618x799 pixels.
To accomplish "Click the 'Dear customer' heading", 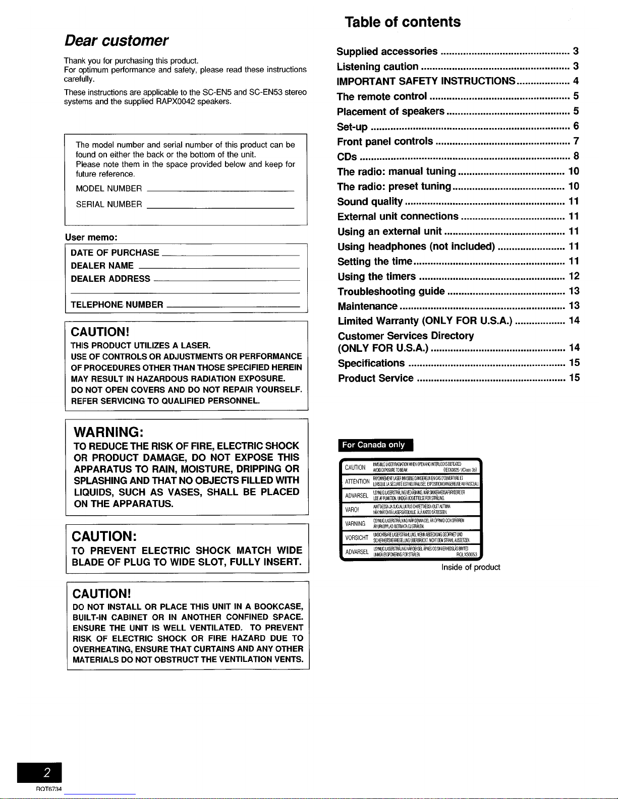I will tap(116, 40).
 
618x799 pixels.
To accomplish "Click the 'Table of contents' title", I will tap(403, 22).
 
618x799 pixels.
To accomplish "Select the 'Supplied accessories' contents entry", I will tap(387, 51).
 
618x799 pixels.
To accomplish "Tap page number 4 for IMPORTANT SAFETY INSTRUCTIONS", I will tap(576, 81).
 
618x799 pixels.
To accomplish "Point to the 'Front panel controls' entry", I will tap(385, 141).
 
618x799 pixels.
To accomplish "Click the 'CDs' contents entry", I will tap(347, 156).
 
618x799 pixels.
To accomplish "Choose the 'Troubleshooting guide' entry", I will tap(391, 291).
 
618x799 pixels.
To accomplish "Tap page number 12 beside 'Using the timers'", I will tap(574, 276).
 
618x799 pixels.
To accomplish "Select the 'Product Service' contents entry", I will tap(376, 378).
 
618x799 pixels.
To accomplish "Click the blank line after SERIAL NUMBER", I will tap(220, 207).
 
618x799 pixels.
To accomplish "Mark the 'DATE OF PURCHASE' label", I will tap(115, 253).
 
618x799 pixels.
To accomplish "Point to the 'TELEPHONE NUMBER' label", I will tap(117, 304).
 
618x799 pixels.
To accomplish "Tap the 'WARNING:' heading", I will tap(109, 433).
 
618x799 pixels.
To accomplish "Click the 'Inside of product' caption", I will tap(471, 567).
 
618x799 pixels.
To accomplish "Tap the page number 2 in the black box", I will tap(46, 773).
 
